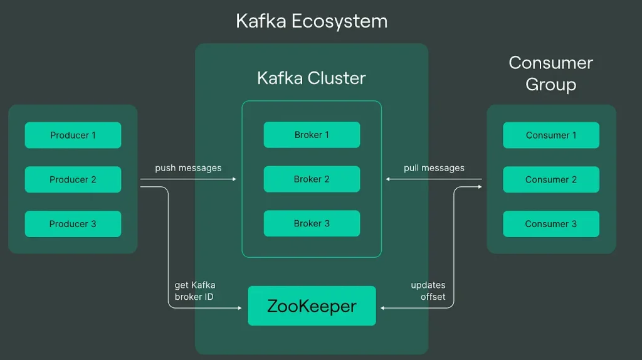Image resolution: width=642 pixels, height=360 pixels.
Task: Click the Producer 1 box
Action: pos(73,135)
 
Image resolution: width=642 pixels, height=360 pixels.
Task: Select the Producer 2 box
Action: pos(73,179)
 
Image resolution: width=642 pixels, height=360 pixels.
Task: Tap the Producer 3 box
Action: pos(73,224)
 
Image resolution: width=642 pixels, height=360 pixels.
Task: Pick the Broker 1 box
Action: pos(312,135)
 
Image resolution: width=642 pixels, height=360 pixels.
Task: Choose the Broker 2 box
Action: pos(312,179)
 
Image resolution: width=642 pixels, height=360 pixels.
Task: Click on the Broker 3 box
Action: pos(312,223)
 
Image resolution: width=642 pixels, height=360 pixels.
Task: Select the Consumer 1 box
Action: pos(551,135)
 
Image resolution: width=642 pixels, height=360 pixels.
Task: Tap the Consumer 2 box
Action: pos(551,179)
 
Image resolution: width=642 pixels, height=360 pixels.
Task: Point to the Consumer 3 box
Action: pos(551,224)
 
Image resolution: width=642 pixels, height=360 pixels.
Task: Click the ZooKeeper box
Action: pos(312,306)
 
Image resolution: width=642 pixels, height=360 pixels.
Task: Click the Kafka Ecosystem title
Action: pos(312,21)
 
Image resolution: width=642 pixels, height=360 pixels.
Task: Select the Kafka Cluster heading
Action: pos(312,78)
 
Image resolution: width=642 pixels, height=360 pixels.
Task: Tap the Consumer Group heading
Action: pos(550,73)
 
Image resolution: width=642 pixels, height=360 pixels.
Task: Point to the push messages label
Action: pos(188,168)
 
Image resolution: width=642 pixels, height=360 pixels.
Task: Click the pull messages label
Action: pos(434,168)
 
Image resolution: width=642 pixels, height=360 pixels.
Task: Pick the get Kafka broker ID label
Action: pos(194,291)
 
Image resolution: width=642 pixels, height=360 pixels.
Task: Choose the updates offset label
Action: pos(428,291)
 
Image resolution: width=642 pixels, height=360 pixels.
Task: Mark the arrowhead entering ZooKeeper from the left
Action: pos(240,308)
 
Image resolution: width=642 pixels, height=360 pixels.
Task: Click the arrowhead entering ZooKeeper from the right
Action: pos(383,308)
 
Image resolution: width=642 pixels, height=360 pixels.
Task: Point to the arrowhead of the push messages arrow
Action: pos(234,179)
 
